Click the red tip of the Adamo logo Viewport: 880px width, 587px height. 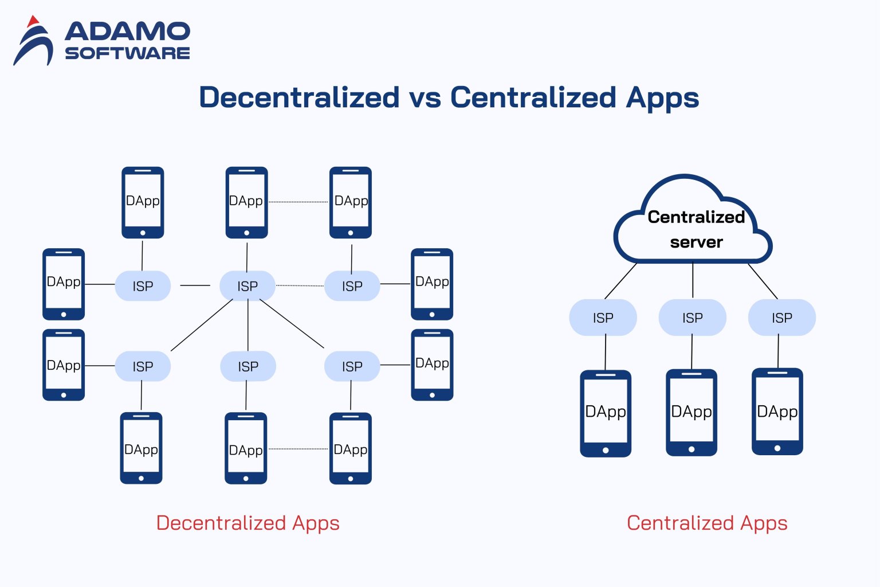pos(33,22)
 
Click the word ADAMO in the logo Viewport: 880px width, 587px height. pos(127,31)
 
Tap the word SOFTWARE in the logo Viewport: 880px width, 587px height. pos(127,53)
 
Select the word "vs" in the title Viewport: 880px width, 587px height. pos(425,97)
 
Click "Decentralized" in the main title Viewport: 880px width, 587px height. pos(299,97)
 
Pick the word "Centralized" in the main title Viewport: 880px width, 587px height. pos(533,97)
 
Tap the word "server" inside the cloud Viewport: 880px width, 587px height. pos(696,242)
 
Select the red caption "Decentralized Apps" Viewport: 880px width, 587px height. pos(247,523)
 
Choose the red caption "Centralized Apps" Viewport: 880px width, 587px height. pos(707,523)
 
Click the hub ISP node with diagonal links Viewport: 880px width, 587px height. pos(247,285)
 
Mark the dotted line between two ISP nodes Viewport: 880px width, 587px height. pos(300,285)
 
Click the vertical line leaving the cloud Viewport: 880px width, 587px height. pos(693,280)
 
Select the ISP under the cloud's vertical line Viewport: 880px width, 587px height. pos(692,318)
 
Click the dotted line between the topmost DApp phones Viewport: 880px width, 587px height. pos(298,202)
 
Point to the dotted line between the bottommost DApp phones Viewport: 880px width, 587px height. pos(298,449)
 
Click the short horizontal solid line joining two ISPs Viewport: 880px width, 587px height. pos(195,285)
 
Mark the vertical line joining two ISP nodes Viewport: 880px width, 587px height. pos(248,325)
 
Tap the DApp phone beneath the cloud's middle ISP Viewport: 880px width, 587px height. pos(692,412)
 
